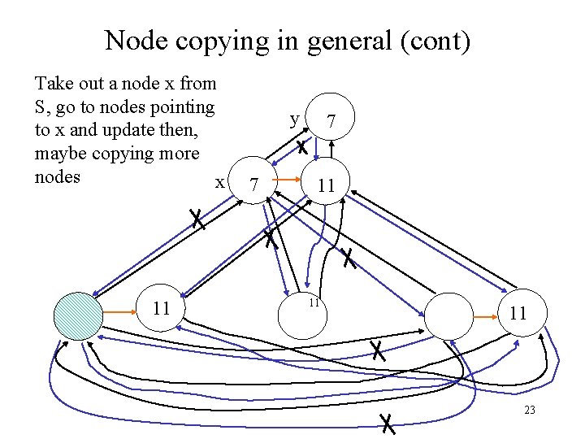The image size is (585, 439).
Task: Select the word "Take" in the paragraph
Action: pyautogui.click(x=53, y=83)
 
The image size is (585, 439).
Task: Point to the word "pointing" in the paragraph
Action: pyautogui.click(x=184, y=106)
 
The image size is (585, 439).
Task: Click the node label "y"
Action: pyautogui.click(x=294, y=119)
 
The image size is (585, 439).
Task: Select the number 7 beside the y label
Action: pyautogui.click(x=331, y=121)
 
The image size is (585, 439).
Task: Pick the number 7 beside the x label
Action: pyautogui.click(x=254, y=185)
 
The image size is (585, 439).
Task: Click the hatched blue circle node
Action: pyautogui.click(x=77, y=314)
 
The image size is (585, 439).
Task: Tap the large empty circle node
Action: pyautogui.click(x=448, y=314)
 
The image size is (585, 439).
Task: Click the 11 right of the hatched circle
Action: pyautogui.click(x=162, y=309)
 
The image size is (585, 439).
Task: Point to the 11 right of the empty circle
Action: pyautogui.click(x=518, y=314)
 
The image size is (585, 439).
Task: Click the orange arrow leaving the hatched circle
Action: pyautogui.click(x=118, y=310)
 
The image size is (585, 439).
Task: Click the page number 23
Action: pyautogui.click(x=529, y=411)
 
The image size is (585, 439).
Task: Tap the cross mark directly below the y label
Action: pyautogui.click(x=301, y=148)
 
